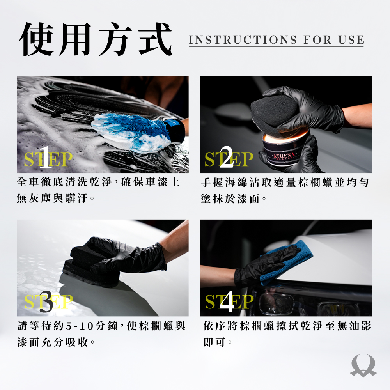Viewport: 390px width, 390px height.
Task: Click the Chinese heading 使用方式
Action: tap(96, 39)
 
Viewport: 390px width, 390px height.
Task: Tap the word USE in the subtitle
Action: tap(351, 40)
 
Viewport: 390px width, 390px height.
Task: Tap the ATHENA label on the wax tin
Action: tap(284, 156)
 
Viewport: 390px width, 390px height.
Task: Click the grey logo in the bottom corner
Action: tap(363, 365)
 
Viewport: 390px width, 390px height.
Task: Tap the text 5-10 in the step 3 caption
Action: tap(79, 326)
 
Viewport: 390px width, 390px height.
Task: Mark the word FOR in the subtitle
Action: tap(317, 40)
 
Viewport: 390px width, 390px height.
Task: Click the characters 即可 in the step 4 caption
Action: tap(214, 342)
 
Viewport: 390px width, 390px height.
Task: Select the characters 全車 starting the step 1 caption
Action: tap(27, 182)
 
